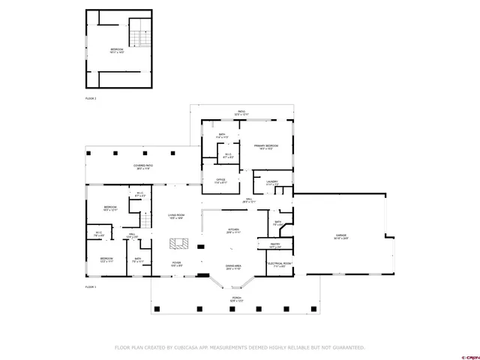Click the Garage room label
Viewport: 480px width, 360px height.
pyautogui.click(x=341, y=238)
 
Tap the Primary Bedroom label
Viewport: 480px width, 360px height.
pyautogui.click(x=265, y=146)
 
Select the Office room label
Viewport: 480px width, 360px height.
pyautogui.click(x=220, y=181)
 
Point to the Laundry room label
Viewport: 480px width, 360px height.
pyautogui.click(x=271, y=182)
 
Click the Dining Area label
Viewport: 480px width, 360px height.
pyautogui.click(x=233, y=266)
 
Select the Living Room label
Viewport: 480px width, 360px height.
pyautogui.click(x=176, y=216)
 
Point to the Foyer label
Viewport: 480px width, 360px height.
pyautogui.click(x=176, y=265)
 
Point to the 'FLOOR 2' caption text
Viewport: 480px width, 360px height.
pyautogui.click(x=91, y=98)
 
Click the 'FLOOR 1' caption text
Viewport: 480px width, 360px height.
pyautogui.click(x=91, y=287)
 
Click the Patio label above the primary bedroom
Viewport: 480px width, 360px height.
pyautogui.click(x=242, y=112)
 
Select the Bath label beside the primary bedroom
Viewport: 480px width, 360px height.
pyautogui.click(x=222, y=136)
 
